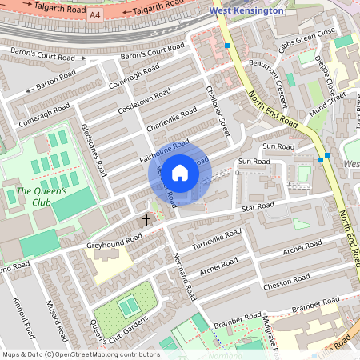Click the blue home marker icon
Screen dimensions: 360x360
pos(180,173)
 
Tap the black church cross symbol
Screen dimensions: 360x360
pos(146,218)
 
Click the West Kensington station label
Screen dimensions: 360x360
pos(246,11)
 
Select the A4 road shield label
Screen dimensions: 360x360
pos(95,15)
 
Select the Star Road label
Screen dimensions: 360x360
pos(258,208)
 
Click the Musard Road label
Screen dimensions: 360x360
pos(53,318)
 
